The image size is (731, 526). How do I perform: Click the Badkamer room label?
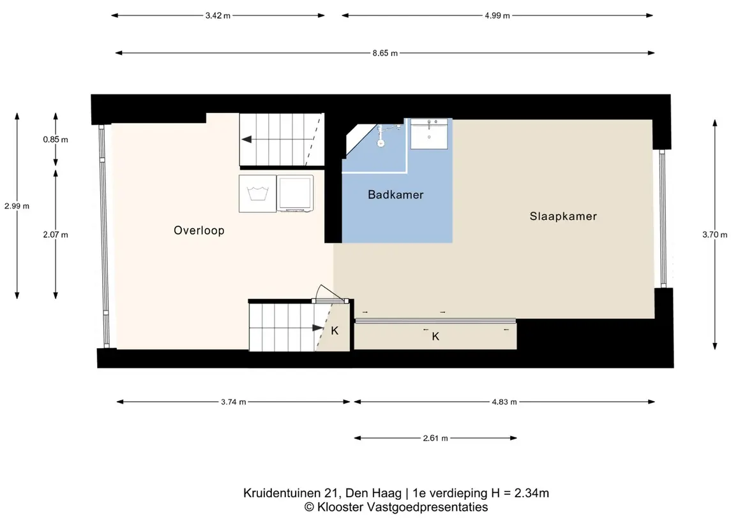(395, 194)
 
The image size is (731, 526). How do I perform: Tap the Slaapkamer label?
(563, 216)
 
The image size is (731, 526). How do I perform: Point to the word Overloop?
(199, 230)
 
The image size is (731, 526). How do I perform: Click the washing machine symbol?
(257, 194)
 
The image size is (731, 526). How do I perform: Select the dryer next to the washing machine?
(295, 194)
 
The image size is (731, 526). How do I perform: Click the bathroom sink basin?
(429, 134)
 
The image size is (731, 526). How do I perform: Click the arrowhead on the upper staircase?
(246, 139)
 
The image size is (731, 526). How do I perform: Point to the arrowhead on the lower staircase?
(318, 328)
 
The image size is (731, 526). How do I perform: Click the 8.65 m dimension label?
(385, 53)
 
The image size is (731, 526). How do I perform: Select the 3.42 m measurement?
(218, 15)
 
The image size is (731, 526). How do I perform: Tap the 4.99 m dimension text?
(497, 15)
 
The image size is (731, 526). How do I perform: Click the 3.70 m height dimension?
(714, 235)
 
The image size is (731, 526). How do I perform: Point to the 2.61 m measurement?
(435, 438)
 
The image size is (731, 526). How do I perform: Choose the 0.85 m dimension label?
(56, 139)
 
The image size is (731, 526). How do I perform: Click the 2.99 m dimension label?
(17, 206)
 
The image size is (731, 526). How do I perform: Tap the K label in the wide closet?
(435, 336)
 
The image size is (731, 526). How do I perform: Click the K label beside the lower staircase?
(335, 330)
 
